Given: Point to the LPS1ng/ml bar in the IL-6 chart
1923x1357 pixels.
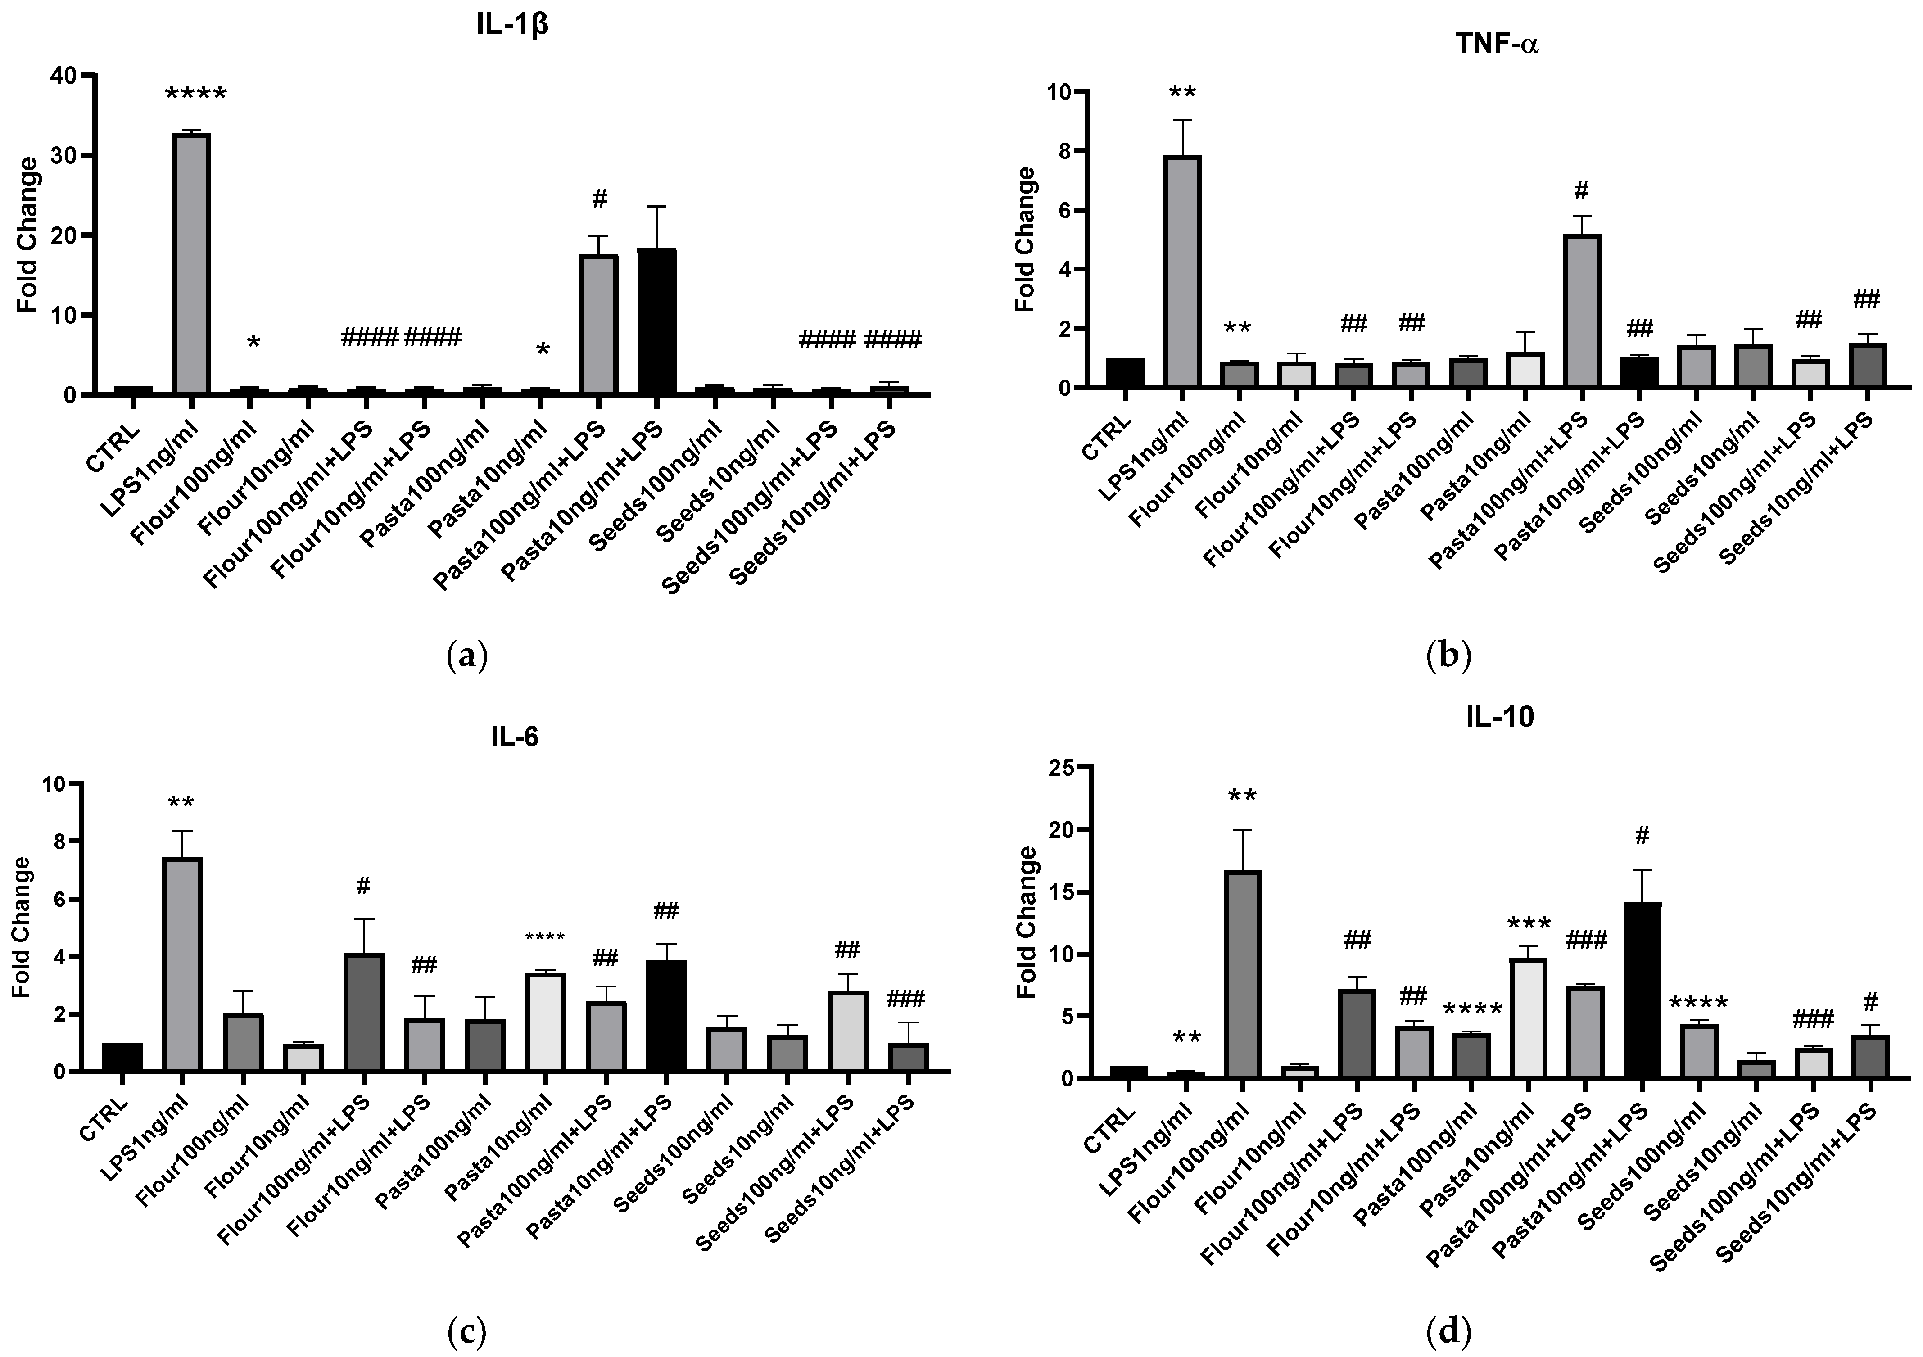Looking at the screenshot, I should pos(182,964).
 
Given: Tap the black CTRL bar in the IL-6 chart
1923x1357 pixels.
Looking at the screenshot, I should pos(122,1057).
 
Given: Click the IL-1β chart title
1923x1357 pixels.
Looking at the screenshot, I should pos(512,24).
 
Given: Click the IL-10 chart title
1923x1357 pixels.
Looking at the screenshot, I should pos(1500,718).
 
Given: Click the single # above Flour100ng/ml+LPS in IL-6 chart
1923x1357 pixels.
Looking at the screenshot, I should pos(362,886).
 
